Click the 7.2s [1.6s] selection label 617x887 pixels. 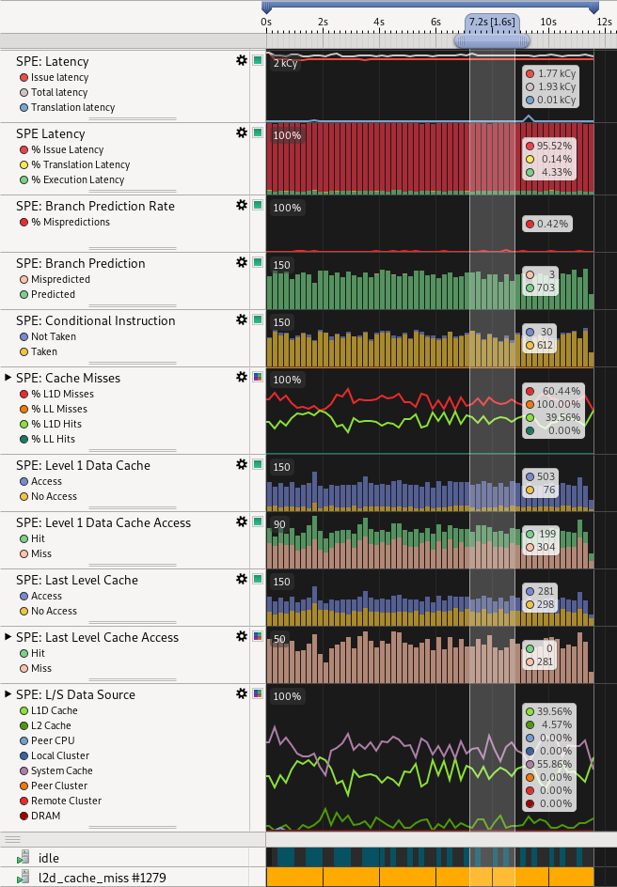coord(492,21)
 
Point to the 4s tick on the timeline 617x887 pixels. coord(379,21)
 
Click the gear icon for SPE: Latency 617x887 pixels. coord(242,60)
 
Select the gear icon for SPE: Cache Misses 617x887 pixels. coord(242,377)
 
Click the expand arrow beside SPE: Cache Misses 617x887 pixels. coord(8,377)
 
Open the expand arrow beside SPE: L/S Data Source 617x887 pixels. coord(8,694)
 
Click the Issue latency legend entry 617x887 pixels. coord(59,77)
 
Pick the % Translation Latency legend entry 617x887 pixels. coord(80,164)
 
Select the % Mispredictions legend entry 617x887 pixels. coord(70,222)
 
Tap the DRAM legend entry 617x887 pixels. coord(45,816)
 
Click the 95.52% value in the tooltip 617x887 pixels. coord(554,146)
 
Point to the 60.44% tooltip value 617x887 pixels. coord(554,391)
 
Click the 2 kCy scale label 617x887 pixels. coord(285,64)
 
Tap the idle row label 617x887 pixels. coord(49,858)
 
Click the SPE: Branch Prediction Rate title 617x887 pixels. coord(95,206)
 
